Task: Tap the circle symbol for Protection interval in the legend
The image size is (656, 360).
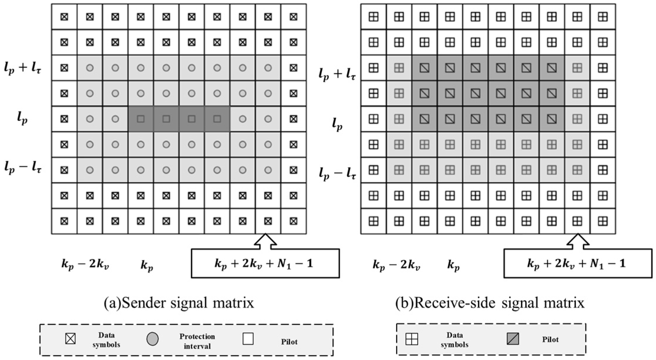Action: (x=152, y=339)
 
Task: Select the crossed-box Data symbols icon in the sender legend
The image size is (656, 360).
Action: (x=70, y=339)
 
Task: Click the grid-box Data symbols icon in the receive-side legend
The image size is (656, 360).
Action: (x=412, y=339)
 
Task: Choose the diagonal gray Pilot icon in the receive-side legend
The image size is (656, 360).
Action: (x=513, y=339)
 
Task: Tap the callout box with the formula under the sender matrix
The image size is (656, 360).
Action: (x=265, y=263)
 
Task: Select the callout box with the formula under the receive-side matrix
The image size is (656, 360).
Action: (x=578, y=263)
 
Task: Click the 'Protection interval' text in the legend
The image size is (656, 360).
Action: (x=197, y=341)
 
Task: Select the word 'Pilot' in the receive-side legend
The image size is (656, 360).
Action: (x=550, y=339)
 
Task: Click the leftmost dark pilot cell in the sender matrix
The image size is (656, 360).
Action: (x=141, y=119)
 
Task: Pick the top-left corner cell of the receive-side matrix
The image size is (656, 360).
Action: (x=373, y=17)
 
